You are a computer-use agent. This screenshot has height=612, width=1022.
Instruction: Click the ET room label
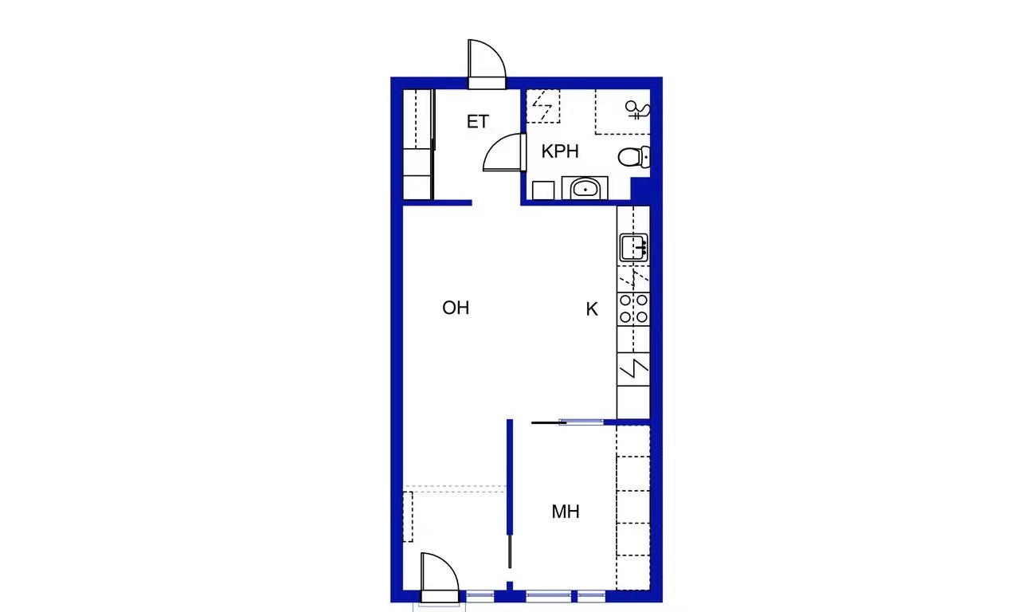[478, 121]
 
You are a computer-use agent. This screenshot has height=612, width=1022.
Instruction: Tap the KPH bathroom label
[560, 151]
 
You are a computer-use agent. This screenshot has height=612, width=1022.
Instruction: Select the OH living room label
[456, 308]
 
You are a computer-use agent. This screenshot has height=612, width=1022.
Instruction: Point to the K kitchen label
[592, 309]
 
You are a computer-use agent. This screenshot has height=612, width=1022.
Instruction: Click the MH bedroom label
[566, 512]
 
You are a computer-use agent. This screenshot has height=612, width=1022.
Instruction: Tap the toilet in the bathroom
[634, 156]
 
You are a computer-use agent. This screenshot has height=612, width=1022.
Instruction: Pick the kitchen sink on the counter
[633, 248]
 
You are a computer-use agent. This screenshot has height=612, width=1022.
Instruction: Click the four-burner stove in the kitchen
[633, 308]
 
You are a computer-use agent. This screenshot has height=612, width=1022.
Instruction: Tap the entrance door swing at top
[487, 65]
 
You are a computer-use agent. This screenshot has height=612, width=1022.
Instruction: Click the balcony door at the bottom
[440, 578]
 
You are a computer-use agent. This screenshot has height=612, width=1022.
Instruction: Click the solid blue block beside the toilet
[640, 190]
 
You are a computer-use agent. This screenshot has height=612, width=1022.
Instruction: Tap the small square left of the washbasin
[543, 190]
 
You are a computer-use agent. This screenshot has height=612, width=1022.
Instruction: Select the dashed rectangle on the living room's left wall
[408, 516]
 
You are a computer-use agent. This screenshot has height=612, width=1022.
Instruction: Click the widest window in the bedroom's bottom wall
[548, 596]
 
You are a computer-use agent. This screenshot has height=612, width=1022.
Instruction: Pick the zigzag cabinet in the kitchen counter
[633, 369]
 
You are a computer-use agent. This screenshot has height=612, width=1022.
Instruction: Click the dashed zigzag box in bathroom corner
[543, 106]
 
